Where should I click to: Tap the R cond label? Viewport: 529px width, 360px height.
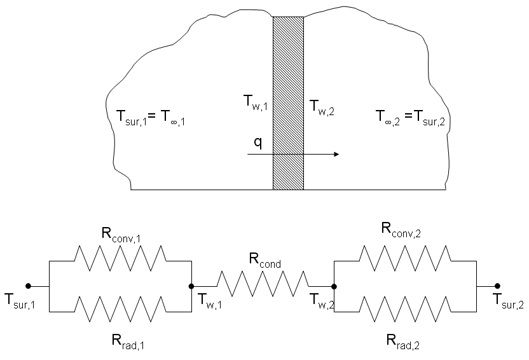point(265,260)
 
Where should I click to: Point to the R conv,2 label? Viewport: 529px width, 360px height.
point(401,230)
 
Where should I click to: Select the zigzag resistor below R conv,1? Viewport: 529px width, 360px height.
point(120,258)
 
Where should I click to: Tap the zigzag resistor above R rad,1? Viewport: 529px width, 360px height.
point(120,309)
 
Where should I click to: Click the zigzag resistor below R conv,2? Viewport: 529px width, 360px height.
point(405,258)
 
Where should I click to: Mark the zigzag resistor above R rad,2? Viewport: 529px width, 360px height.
point(405,309)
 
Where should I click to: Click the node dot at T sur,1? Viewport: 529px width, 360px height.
point(29,286)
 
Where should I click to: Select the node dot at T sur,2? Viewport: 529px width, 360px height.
point(497,286)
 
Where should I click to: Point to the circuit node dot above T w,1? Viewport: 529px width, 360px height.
point(191,286)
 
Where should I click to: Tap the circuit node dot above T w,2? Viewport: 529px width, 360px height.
point(334,287)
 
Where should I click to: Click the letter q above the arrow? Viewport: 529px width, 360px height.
point(258,143)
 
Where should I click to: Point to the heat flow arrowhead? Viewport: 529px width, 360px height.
point(336,154)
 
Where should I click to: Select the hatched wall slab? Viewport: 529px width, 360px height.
point(288,103)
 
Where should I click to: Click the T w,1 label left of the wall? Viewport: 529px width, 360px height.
point(256,102)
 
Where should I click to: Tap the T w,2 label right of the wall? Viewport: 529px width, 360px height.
point(322,107)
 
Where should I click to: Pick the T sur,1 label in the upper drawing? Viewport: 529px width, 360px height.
point(132,118)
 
